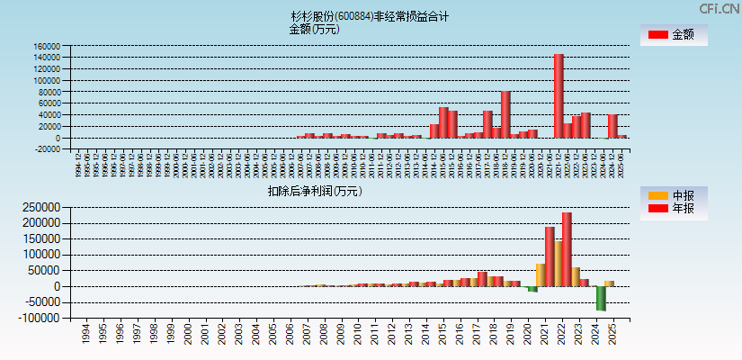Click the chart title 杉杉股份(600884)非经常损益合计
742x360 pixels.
(x=370, y=16)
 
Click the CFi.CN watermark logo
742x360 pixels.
(x=720, y=8)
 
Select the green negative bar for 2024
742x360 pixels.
(x=601, y=298)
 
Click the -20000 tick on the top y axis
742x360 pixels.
(x=47, y=149)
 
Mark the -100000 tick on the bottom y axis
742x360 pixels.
(x=40, y=319)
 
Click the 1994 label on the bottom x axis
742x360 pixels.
(x=85, y=335)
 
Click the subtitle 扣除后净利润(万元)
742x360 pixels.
(x=314, y=191)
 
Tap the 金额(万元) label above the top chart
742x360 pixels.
(x=314, y=29)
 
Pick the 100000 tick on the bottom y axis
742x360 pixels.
(x=41, y=254)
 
